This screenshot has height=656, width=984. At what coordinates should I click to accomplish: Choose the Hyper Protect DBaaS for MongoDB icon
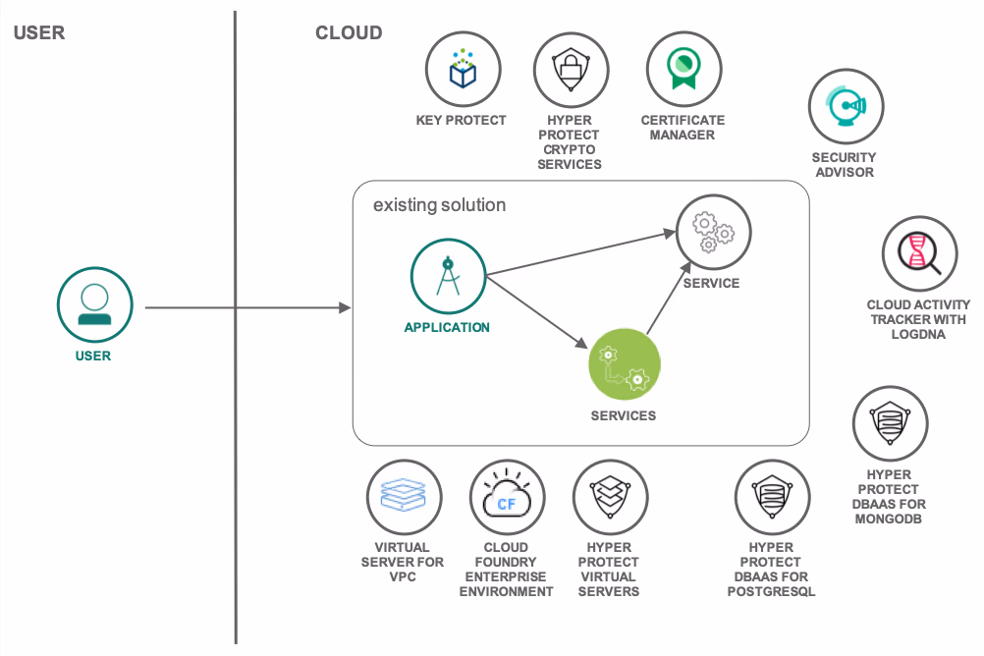pyautogui.click(x=891, y=423)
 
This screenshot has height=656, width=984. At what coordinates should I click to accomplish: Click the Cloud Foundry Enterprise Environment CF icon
pyautogui.click(x=507, y=496)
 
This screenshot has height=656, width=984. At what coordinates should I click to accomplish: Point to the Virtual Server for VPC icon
pyautogui.click(x=403, y=496)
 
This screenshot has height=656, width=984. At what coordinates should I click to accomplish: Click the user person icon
pyautogui.click(x=94, y=304)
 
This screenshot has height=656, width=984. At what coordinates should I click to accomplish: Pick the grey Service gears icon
pyautogui.click(x=713, y=232)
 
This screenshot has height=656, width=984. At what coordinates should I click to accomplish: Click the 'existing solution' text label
pyautogui.click(x=439, y=205)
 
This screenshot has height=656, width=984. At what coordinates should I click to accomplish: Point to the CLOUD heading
pyautogui.click(x=349, y=32)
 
